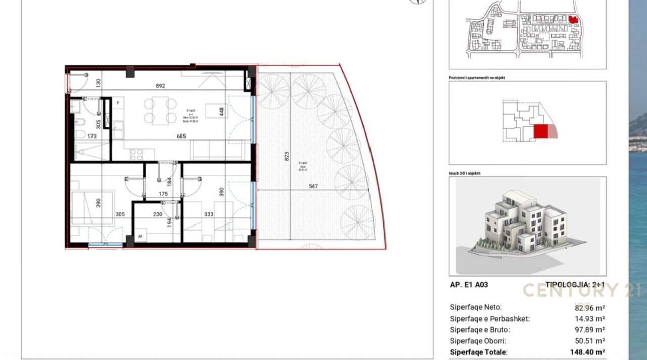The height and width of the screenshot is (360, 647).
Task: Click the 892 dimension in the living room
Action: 160,86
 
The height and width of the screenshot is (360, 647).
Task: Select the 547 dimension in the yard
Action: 313,186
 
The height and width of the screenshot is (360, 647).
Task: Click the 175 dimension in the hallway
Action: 163,194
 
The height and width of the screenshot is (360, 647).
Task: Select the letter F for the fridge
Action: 118,103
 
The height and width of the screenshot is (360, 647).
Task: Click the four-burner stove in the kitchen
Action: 136,154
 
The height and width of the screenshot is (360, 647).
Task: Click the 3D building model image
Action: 527,226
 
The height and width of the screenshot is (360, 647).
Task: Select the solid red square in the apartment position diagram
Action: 541,131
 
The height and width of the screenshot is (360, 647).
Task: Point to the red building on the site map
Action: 573,19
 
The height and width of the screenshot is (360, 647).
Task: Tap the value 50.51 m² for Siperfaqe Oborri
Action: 590,341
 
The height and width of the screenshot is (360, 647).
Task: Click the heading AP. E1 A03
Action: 469,285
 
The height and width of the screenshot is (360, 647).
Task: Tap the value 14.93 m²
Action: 590,319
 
